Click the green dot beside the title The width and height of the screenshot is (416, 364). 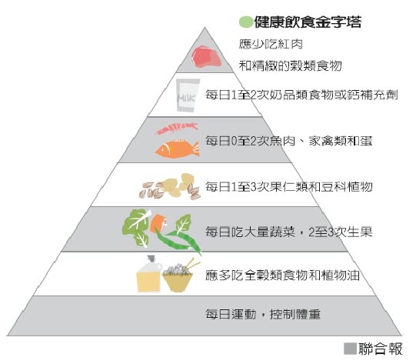[x=245, y=22]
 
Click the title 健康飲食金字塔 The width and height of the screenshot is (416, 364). [x=308, y=22]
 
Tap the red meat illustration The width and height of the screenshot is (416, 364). [x=206, y=56]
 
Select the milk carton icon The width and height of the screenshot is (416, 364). [x=188, y=95]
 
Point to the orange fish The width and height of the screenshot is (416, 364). [x=177, y=149]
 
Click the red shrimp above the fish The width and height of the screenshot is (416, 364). [x=177, y=128]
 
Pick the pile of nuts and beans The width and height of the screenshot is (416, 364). [x=169, y=186]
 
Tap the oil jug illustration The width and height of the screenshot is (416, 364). [x=148, y=274]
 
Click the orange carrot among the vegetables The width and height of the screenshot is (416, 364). [x=158, y=223]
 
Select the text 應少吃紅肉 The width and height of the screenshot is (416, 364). [x=271, y=44]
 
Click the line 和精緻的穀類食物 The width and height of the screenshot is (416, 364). [x=290, y=65]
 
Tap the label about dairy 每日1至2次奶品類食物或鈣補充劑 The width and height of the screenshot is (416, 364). [x=301, y=95]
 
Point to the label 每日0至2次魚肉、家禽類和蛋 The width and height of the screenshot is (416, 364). [x=289, y=141]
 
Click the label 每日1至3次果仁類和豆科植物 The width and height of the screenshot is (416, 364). [x=289, y=187]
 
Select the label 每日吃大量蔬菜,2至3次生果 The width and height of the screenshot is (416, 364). [x=289, y=232]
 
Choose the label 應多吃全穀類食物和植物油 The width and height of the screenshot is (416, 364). [x=282, y=275]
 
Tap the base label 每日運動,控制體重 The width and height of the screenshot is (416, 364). [x=263, y=314]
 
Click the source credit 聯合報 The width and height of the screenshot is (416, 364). [x=381, y=349]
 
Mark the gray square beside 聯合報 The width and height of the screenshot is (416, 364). [x=350, y=349]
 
